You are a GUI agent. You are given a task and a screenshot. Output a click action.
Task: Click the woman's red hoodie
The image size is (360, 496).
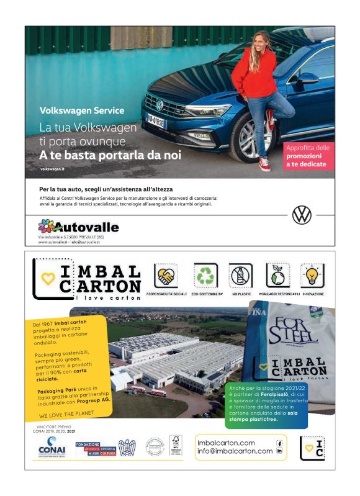click(254, 74)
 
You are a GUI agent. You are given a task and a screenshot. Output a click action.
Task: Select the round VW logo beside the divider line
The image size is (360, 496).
click(302, 215)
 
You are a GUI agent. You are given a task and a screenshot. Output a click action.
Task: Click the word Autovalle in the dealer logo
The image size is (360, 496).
click(86, 227)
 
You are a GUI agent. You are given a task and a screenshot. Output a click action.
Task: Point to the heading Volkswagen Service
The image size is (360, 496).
click(82, 110)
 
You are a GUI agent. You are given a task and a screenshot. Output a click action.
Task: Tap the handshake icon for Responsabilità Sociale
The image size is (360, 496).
click(166, 274)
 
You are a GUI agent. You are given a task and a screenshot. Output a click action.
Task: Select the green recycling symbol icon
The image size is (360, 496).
click(205, 274)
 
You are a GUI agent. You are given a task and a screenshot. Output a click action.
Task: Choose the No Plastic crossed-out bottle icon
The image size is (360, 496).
click(241, 274)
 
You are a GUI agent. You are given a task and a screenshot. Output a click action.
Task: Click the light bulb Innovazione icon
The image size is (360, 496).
click(313, 274)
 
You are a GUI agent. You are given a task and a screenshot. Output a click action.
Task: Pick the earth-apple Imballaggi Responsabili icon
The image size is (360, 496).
click(277, 274)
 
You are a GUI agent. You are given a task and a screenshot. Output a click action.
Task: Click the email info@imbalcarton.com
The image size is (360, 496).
click(235, 451)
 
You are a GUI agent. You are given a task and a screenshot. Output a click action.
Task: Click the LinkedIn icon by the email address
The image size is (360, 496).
click(279, 451)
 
